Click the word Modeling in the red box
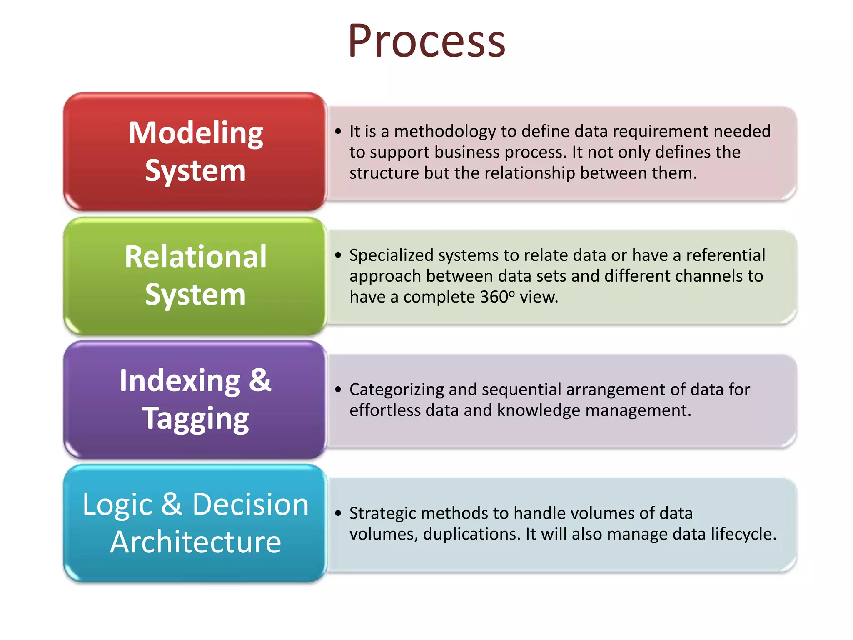click(195, 133)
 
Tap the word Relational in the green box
click(195, 257)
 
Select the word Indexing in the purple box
click(180, 381)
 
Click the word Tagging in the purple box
click(195, 419)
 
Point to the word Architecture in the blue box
click(195, 542)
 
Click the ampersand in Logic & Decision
click(172, 504)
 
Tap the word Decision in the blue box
click(250, 504)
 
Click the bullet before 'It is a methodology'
click(338, 132)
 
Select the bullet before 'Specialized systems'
click(338, 255)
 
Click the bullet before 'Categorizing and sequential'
click(338, 390)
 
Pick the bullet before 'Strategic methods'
click(338, 513)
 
